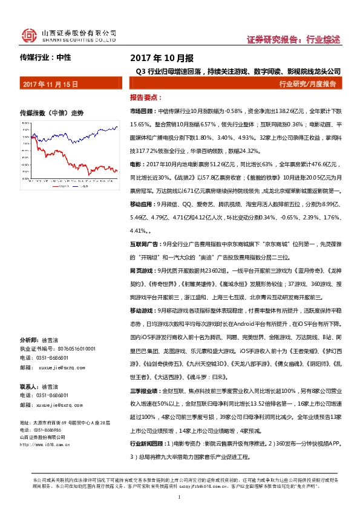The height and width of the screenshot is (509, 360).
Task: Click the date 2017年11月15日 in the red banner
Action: pyautogui.click(x=50, y=85)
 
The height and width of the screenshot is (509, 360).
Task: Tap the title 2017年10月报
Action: pyautogui.click(x=162, y=58)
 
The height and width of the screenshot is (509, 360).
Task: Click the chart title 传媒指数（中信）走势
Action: pyautogui.click(x=51, y=113)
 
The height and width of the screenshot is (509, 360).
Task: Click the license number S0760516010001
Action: pyautogui.click(x=73, y=349)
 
